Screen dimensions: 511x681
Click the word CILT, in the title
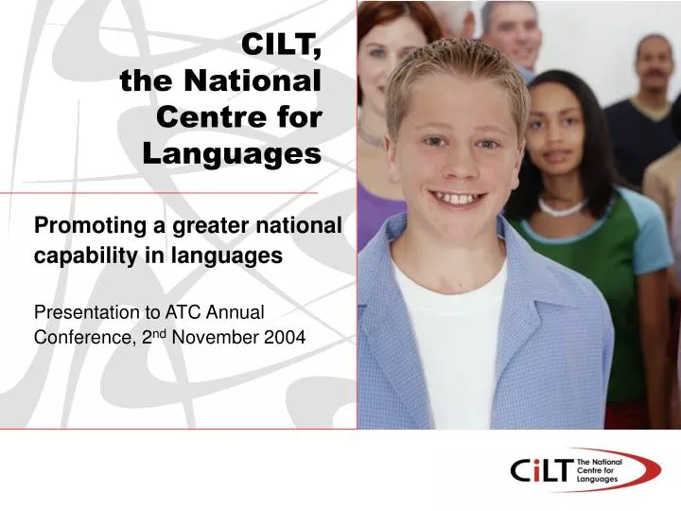282,44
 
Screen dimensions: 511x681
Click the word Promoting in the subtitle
86,226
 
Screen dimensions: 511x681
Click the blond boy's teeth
456,198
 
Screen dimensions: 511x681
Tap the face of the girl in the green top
559,133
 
